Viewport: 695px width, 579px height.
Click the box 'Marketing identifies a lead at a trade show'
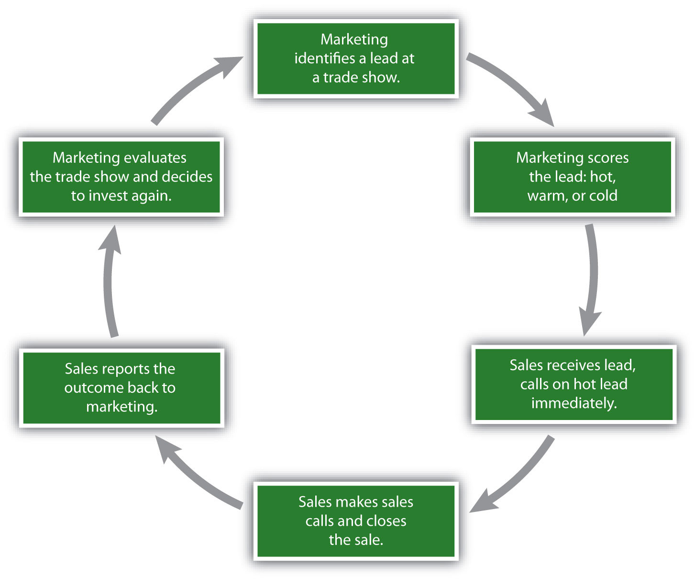[355, 58]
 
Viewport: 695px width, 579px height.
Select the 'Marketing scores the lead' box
[572, 177]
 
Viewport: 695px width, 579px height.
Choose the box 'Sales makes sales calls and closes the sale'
[355, 521]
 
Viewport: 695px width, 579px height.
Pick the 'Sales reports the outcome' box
[121, 388]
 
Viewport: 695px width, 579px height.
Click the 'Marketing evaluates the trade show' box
[121, 177]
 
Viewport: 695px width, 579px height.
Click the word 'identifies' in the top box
[324, 58]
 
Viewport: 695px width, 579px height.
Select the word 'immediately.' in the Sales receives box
[574, 403]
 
